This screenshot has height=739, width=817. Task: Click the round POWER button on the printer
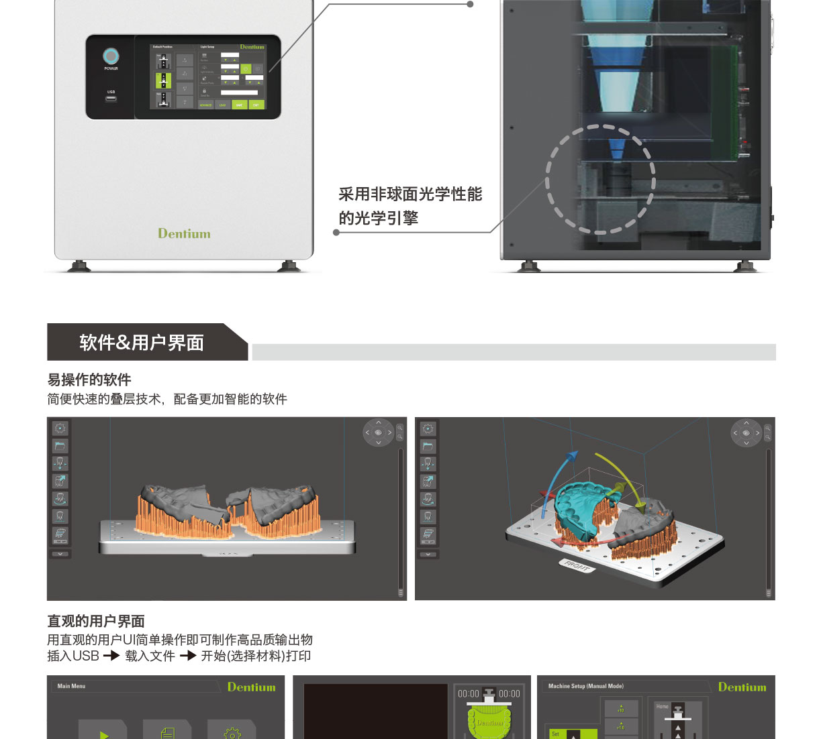111,56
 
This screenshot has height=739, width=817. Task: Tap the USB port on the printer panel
111,99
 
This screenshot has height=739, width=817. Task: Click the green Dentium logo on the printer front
184,233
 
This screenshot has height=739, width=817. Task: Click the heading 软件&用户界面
142,343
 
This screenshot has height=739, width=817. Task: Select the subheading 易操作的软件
89,380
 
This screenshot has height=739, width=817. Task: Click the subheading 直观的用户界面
96,621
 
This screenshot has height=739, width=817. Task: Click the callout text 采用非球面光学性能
410,194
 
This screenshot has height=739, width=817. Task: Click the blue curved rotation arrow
557,483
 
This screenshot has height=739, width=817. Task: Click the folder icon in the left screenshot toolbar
60,446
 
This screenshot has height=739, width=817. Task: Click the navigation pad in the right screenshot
746,433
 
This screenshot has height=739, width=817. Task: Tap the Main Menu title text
71,686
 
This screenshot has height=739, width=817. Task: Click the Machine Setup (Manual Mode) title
586,686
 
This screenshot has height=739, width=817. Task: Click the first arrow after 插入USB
111,656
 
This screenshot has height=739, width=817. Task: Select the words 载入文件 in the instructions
150,656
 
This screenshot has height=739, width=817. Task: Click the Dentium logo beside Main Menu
251,687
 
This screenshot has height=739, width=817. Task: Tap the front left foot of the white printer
79,266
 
